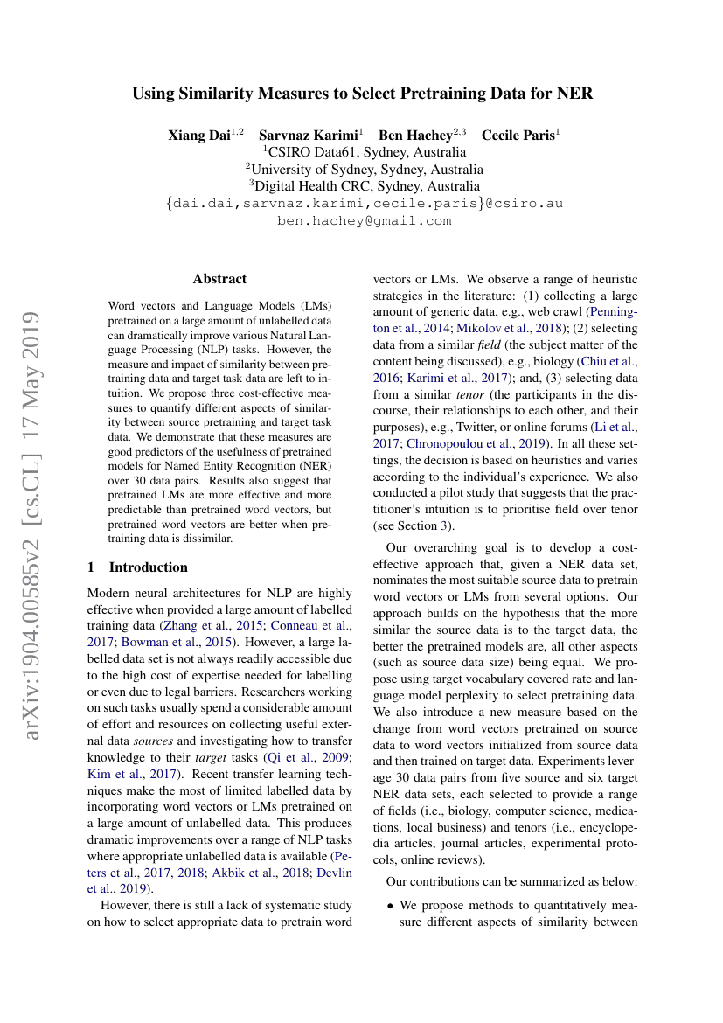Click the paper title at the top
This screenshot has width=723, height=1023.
[x=363, y=94]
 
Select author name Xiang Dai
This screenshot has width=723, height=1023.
[x=199, y=136]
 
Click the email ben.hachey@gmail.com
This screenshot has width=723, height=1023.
[x=364, y=220]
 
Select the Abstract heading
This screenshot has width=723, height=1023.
[x=219, y=279]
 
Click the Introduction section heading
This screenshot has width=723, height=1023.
[x=148, y=567]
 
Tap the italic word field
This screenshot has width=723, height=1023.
[x=479, y=344]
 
